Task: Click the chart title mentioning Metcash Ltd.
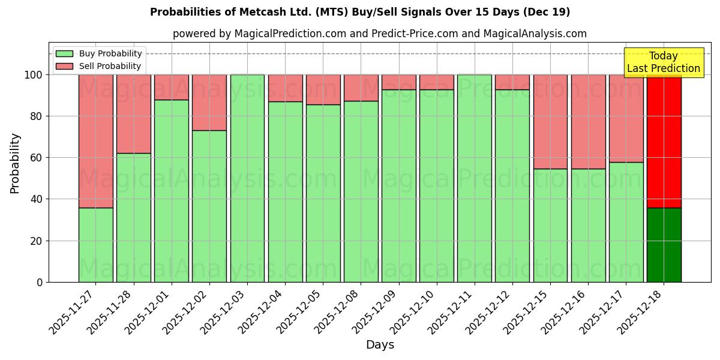(360, 12)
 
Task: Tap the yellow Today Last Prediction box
(663, 62)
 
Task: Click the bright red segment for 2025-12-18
(664, 141)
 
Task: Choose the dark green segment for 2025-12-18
(664, 245)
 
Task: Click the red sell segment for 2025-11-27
(96, 141)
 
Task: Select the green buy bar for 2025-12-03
(247, 178)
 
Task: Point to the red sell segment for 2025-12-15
(550, 122)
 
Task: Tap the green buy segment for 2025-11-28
(134, 217)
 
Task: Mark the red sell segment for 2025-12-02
(209, 103)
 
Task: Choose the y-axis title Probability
(15, 163)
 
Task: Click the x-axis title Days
(380, 345)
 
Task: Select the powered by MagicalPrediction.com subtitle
(380, 34)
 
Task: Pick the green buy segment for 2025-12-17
(626, 222)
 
